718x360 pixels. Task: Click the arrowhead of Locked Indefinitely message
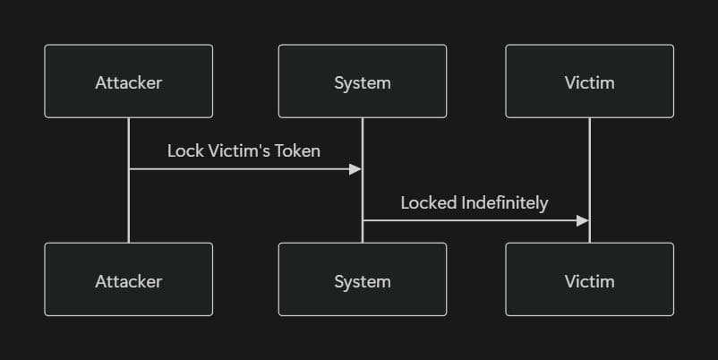(583, 220)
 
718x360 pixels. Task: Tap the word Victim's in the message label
(238, 151)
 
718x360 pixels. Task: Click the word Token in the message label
(297, 151)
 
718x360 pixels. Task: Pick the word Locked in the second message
(429, 202)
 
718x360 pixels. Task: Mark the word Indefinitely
(504, 202)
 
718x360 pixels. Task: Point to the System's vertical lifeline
(362, 134)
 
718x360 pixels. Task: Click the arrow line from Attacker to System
(242, 169)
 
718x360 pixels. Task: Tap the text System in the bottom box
(362, 281)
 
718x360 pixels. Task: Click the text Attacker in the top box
(128, 83)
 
